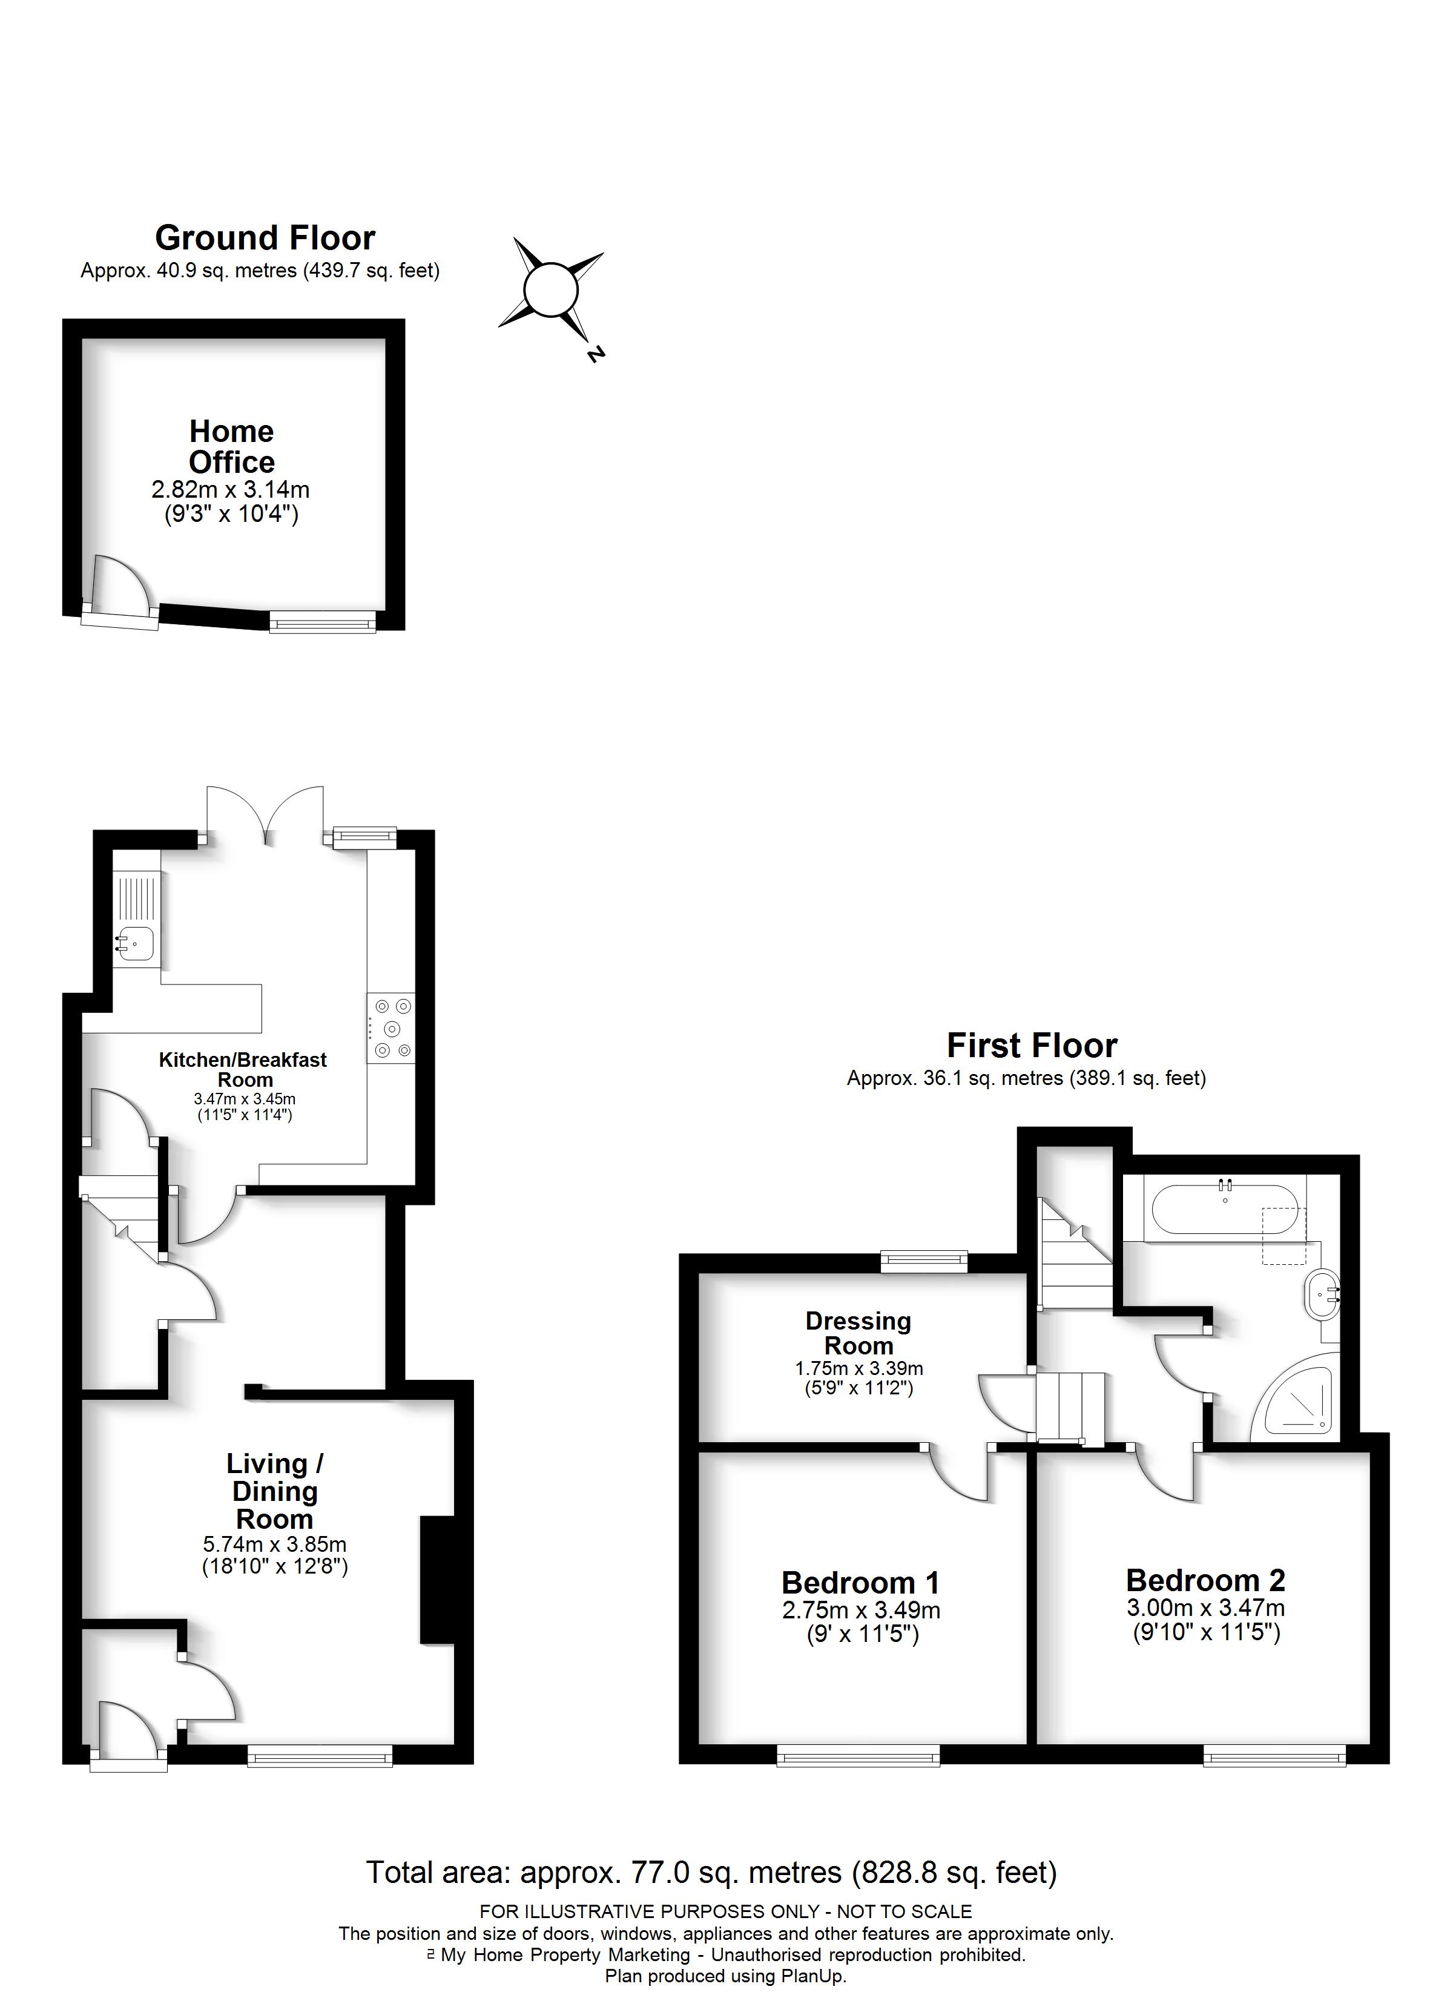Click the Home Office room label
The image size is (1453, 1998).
(x=232, y=447)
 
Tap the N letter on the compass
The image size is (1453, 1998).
(x=596, y=354)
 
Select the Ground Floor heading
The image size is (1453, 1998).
(x=265, y=238)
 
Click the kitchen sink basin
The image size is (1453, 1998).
(x=137, y=943)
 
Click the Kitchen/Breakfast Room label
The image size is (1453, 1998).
(x=243, y=1069)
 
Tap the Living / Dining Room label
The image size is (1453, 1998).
(x=275, y=1491)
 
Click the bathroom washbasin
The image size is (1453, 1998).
(x=1322, y=1294)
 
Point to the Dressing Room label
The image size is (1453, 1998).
(x=858, y=1333)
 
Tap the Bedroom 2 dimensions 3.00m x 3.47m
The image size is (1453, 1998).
(x=1205, y=1607)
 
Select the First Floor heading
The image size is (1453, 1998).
(x=1032, y=1046)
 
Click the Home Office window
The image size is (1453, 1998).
(x=323, y=622)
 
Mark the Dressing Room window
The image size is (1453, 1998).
(x=924, y=1262)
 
